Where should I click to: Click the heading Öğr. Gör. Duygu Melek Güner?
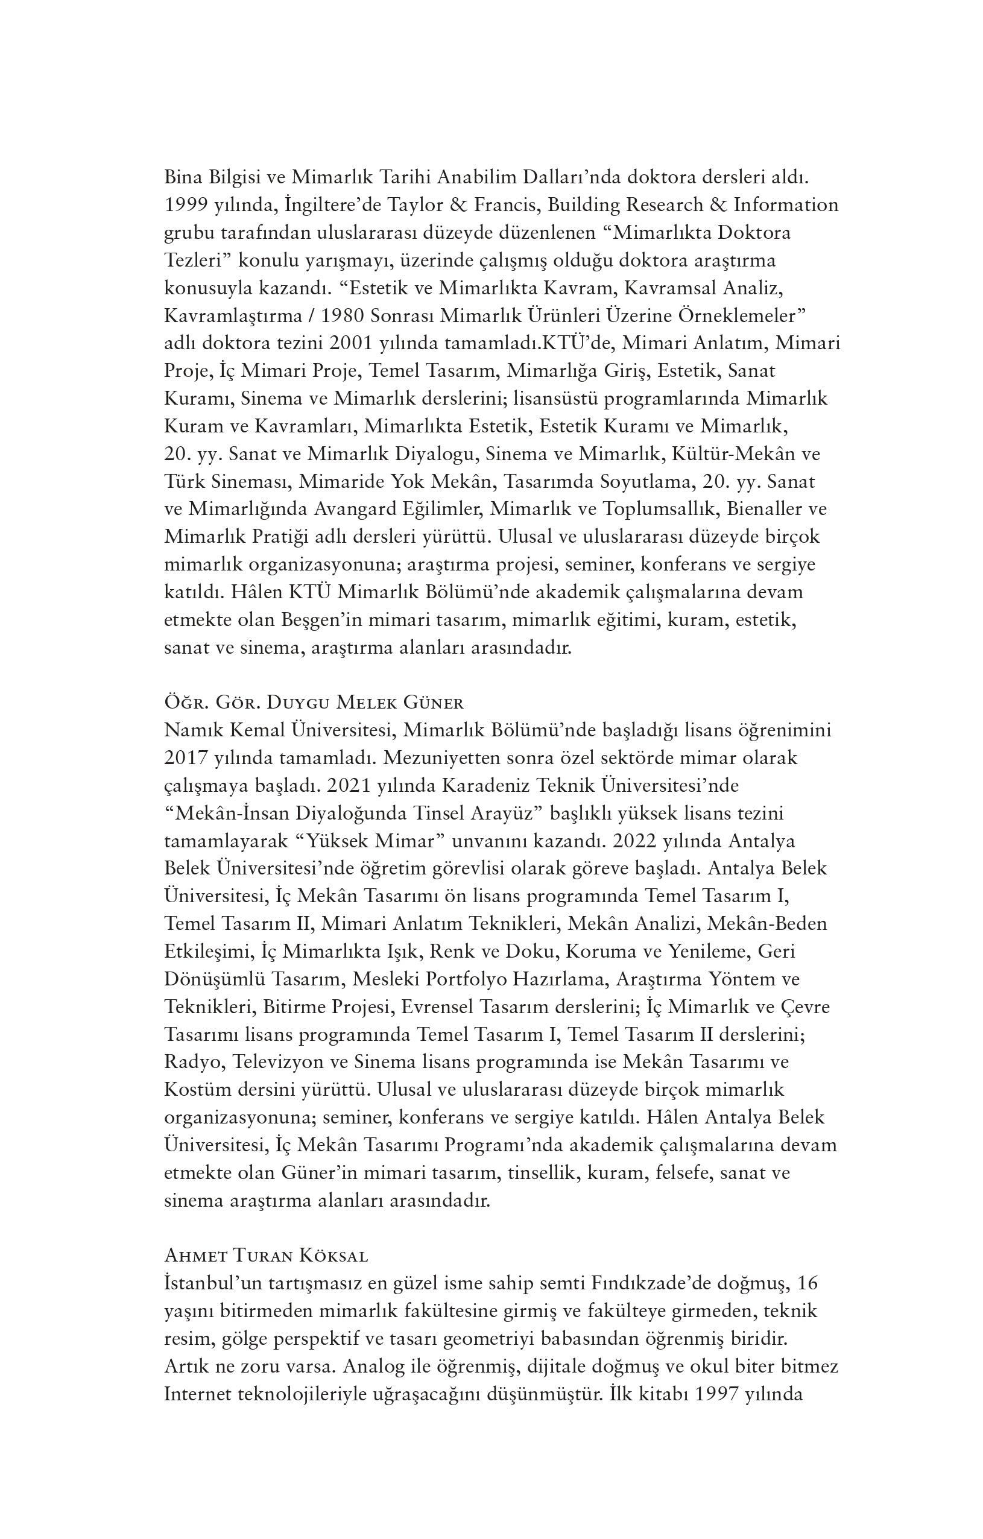click(x=314, y=704)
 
